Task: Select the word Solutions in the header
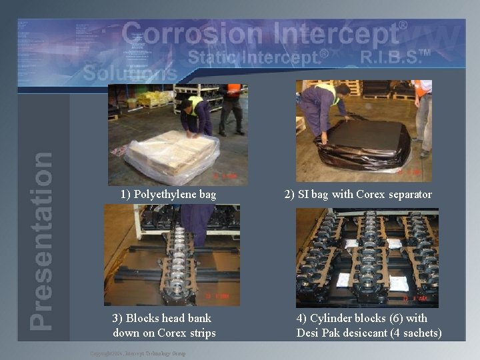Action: coord(130,73)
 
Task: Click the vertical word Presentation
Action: coord(41,240)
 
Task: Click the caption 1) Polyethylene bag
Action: coord(168,195)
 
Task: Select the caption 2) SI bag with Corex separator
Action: coord(358,195)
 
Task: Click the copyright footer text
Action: coord(138,353)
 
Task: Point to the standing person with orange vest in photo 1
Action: coord(232,105)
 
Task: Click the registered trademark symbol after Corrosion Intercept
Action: coord(403,25)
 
